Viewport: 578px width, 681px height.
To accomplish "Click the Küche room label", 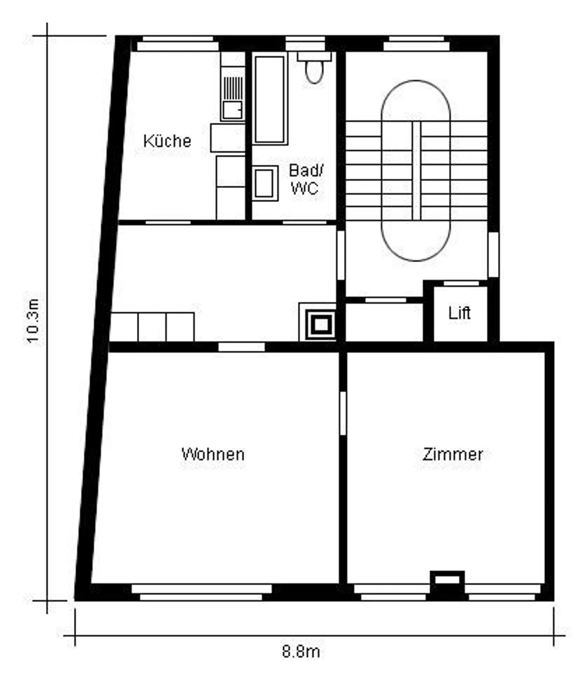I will (167, 141).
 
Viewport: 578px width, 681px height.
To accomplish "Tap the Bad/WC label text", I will (305, 179).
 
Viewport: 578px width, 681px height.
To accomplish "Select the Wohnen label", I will (213, 454).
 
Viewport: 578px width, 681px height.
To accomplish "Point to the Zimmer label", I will (452, 454).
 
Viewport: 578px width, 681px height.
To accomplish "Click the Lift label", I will (459, 313).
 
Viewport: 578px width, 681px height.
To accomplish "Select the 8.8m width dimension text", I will (301, 652).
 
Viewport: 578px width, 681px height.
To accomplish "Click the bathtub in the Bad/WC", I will (270, 99).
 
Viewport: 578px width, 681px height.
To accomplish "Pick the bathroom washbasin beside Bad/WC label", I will (265, 183).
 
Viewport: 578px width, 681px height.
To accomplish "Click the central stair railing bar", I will (416, 170).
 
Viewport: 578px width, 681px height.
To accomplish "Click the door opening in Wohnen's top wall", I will (241, 347).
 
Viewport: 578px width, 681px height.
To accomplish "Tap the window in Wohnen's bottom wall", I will (201, 592).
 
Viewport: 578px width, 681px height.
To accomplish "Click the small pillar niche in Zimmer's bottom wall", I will (447, 580).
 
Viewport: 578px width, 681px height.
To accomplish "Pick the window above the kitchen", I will (178, 43).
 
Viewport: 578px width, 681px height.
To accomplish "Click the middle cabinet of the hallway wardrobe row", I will (152, 327).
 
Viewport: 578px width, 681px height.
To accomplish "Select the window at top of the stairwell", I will (416, 43).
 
